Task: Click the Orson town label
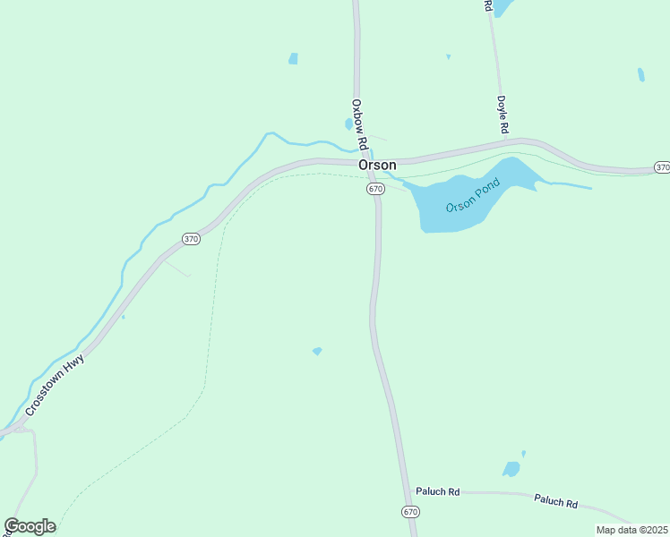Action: coord(377,166)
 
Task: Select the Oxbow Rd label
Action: coord(360,124)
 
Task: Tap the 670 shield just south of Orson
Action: coord(375,189)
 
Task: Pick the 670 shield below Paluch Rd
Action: coord(410,512)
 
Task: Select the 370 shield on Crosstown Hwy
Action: coord(191,239)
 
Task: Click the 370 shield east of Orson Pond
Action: coord(662,167)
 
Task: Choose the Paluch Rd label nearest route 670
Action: coord(438,492)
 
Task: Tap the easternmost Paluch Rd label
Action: coord(555,501)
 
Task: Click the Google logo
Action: coord(30,526)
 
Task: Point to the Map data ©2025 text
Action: coord(632,530)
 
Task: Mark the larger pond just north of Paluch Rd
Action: coord(511,469)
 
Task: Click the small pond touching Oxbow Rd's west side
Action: coord(348,124)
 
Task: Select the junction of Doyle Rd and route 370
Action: coord(505,141)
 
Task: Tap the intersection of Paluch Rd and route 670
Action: coord(406,490)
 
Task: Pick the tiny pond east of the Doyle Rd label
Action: coord(640,74)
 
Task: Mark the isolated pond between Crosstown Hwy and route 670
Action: coord(317,351)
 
